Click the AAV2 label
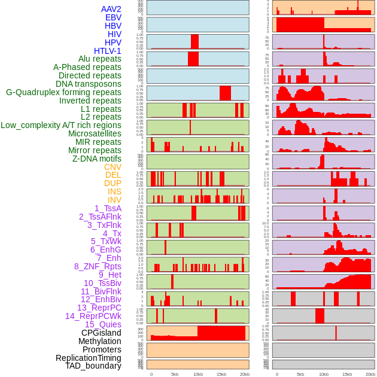[111, 9]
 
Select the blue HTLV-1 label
[107, 51]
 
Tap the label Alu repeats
[99, 59]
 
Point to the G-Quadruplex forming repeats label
[63, 92]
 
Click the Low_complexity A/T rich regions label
[61, 125]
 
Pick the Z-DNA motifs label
[96, 159]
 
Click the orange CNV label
[113, 167]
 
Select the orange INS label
[114, 191]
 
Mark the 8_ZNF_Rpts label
[98, 266]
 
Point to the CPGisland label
[101, 333]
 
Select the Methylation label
[99, 341]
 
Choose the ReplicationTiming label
[88, 358]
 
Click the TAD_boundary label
[93, 366]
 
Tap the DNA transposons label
[89, 84]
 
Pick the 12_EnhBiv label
[101, 299]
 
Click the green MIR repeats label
[98, 142]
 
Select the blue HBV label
[113, 26]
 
